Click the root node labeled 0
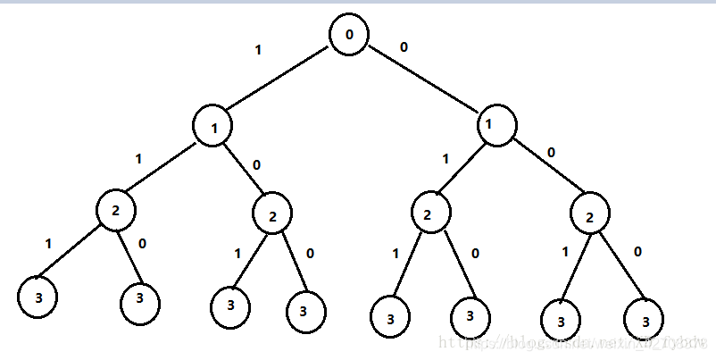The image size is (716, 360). tap(349, 35)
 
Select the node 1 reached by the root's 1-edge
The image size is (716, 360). tap(214, 127)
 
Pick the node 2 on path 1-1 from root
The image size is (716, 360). tap(116, 212)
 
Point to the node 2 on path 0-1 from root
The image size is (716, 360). tap(429, 215)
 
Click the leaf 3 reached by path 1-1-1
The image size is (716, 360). tap(37, 297)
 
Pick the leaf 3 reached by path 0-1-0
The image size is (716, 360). tap(470, 316)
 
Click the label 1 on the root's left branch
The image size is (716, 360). tap(258, 50)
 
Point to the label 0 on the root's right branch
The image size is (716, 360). tap(404, 46)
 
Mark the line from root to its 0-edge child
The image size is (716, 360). tap(424, 82)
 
